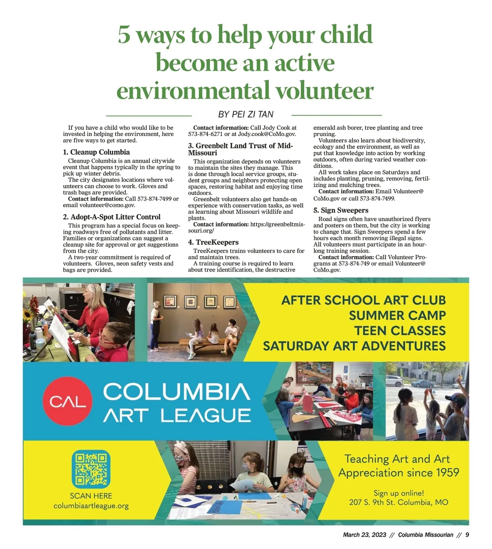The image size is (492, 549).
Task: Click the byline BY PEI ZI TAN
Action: [246, 114]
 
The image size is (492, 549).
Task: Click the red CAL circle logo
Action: [68, 401]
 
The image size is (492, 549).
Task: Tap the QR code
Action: [91, 469]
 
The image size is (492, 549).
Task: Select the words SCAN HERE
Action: [91, 496]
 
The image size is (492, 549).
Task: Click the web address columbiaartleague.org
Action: [91, 506]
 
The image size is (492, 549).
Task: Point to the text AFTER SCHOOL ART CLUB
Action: [363, 300]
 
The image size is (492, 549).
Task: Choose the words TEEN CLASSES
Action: [400, 331]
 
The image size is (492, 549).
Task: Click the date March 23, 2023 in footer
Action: [364, 535]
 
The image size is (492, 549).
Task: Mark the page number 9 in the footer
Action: [467, 535]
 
